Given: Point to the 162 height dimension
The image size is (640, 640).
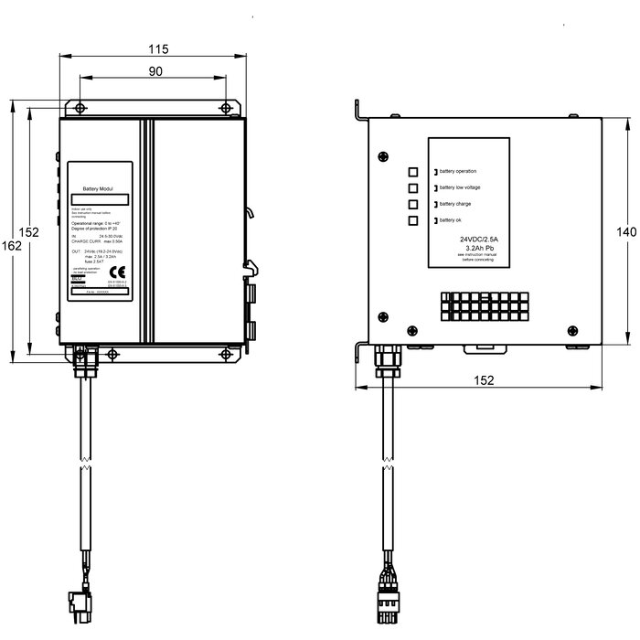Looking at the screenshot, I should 10,245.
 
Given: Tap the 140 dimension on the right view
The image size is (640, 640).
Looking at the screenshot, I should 626,233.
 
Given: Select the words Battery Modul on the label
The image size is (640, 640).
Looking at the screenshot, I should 96,186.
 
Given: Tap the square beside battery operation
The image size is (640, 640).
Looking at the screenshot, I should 413,171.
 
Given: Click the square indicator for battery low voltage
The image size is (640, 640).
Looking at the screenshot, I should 413,187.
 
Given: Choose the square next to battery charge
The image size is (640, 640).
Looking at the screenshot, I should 413,204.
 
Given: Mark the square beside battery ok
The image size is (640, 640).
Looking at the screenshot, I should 413,220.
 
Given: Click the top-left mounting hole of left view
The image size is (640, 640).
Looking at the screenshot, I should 81,108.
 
